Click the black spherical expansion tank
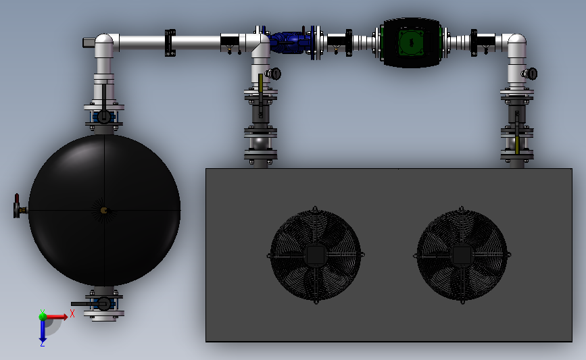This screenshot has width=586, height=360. (x=104, y=210)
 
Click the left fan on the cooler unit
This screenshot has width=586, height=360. (x=316, y=255)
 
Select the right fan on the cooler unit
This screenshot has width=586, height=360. (x=462, y=255)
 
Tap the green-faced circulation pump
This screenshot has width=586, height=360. (x=411, y=43)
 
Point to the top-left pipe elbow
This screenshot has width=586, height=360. (x=104, y=45)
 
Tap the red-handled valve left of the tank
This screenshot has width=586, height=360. (x=18, y=206)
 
